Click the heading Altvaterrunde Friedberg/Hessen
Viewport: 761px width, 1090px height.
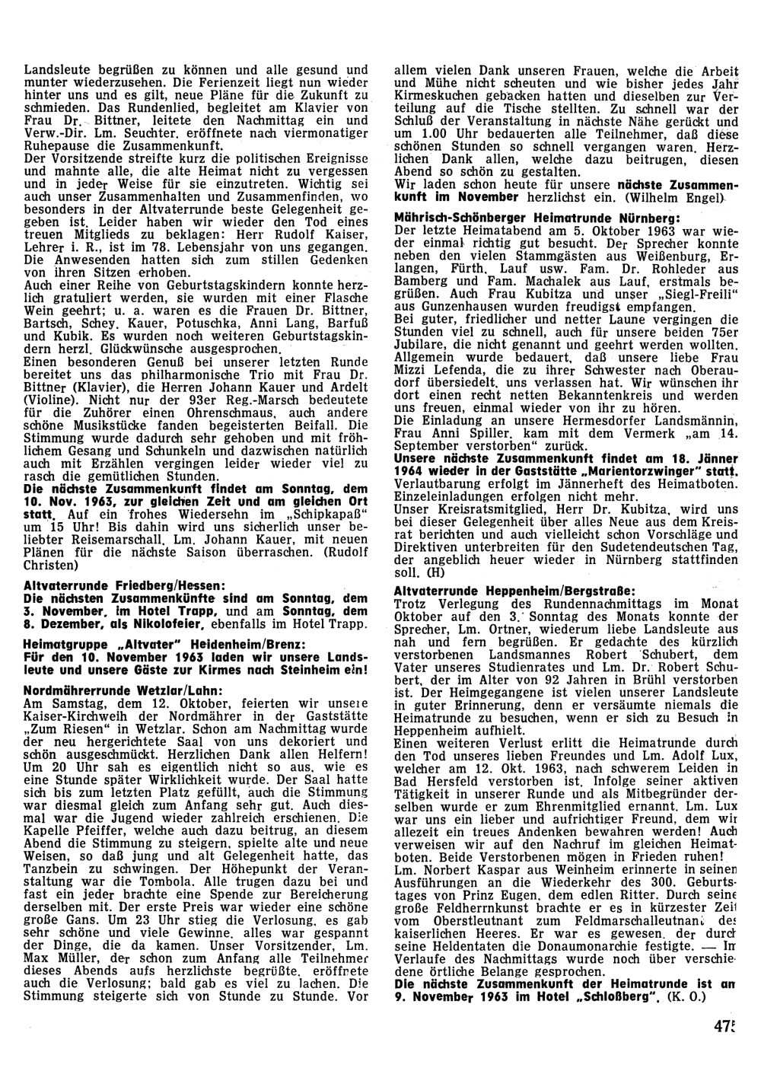click(113, 587)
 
